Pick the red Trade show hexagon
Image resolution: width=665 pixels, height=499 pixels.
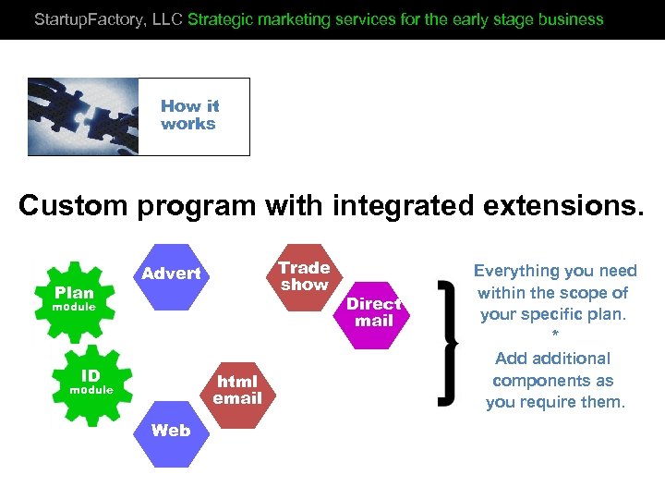(304, 276)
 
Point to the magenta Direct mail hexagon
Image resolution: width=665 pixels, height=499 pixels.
(373, 312)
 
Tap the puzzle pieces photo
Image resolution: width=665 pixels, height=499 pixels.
(83, 116)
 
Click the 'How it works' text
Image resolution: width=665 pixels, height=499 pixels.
(189, 116)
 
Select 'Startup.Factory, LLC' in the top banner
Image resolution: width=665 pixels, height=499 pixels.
(108, 18)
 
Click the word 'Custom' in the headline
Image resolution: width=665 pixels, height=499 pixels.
(74, 205)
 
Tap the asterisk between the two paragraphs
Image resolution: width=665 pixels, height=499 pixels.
(554, 335)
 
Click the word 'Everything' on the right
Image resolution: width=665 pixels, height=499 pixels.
(517, 271)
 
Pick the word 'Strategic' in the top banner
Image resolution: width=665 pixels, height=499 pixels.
(219, 18)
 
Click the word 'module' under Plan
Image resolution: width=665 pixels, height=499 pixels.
(73, 307)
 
